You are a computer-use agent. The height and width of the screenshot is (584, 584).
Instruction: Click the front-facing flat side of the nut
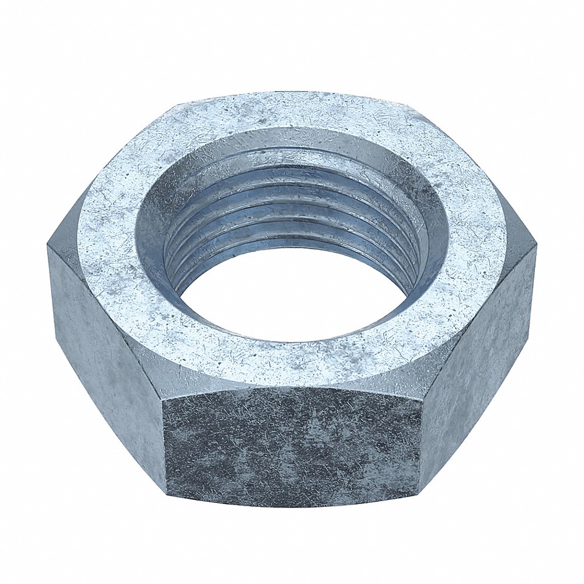coord(292,447)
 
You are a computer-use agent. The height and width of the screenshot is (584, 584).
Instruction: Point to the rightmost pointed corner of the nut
coord(536,248)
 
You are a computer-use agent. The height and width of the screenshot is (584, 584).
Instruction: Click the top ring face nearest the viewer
coord(292,362)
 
